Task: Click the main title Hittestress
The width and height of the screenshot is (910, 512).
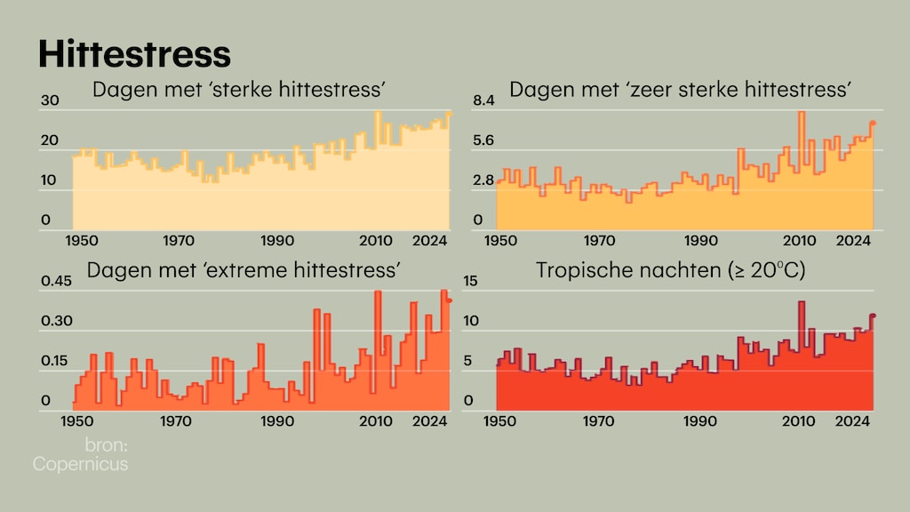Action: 134,54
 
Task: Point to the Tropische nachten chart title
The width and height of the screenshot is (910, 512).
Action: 670,270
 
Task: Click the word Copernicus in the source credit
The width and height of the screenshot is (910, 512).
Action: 80,464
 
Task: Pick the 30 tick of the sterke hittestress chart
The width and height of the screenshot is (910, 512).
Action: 50,101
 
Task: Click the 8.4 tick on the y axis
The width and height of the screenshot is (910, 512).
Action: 483,101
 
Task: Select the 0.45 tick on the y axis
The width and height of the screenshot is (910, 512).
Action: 56,282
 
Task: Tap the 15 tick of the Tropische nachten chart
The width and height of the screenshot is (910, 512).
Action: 470,282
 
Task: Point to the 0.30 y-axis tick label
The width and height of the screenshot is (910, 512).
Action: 56,321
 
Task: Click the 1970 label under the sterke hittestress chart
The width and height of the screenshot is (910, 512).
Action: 179,241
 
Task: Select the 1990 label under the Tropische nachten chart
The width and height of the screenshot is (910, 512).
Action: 701,420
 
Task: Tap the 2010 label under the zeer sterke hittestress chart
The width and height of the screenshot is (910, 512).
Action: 800,241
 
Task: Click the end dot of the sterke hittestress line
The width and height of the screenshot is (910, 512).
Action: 449,114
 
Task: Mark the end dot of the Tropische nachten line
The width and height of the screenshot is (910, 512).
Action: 874,316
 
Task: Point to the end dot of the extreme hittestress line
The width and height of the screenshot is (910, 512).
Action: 450,300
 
